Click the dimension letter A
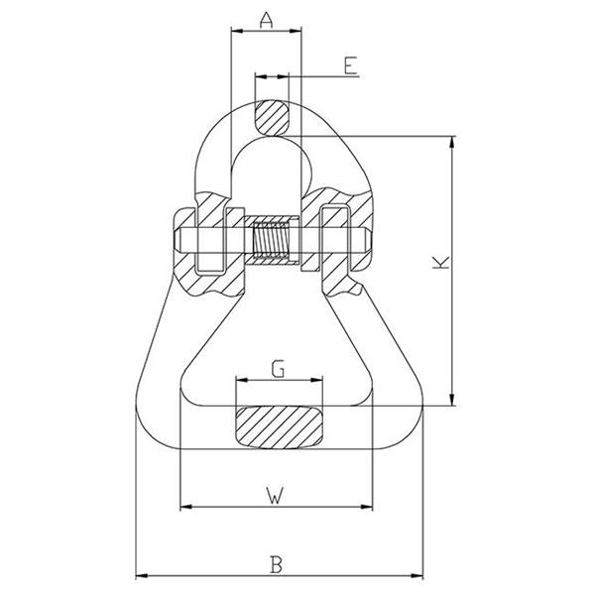[267, 21]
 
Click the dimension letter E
[351, 65]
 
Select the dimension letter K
[441, 263]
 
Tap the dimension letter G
[278, 369]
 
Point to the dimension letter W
[275, 496]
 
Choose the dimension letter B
[277, 564]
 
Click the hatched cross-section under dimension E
[272, 117]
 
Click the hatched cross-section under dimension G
[280, 427]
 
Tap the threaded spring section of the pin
[271, 241]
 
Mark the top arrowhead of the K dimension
[451, 142]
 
